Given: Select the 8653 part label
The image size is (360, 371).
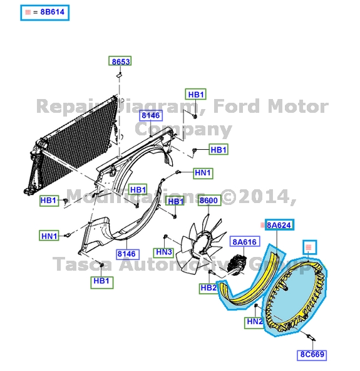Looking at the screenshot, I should tap(121, 61).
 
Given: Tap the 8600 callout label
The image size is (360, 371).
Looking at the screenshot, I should tap(208, 201).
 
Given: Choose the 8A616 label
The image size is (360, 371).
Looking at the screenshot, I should tap(245, 242).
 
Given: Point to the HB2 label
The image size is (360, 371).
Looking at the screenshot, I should tap(208, 288).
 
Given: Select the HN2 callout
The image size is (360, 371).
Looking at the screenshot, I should tap(255, 321).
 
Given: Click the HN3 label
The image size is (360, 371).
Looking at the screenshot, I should tap(164, 252).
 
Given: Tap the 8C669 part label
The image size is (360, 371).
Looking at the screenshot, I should tap(312, 354).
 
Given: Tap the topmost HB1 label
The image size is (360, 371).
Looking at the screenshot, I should tap(196, 95).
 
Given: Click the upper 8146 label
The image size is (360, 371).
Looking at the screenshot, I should tap(151, 115).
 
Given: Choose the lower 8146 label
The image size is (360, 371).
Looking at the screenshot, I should tap(126, 254).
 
